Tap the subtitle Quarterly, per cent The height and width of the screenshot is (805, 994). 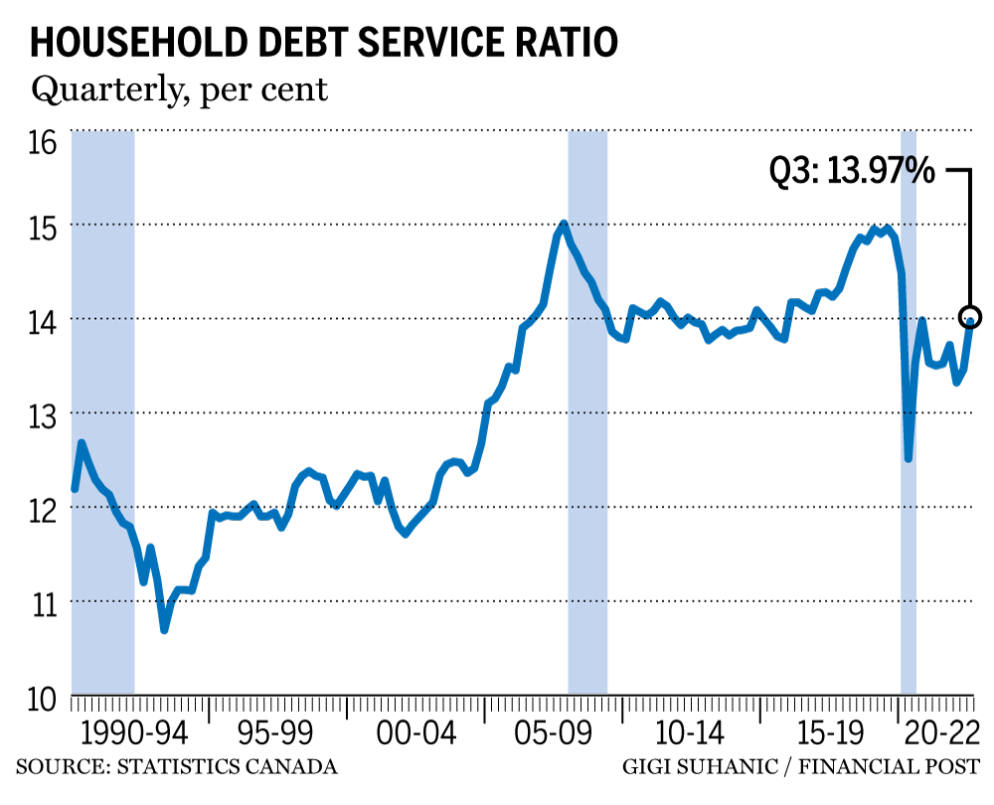click(x=179, y=89)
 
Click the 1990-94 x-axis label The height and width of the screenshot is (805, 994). click(x=135, y=735)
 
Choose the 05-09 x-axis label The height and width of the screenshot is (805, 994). click(x=549, y=735)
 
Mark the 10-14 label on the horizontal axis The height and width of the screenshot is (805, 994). click(x=689, y=735)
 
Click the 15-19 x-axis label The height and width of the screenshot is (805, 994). click(x=829, y=735)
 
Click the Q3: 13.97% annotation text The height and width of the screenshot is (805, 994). click(x=852, y=171)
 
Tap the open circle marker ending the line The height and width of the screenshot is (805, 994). click(x=971, y=318)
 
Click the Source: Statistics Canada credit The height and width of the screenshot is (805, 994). click(x=176, y=767)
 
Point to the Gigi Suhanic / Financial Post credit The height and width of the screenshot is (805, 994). click(x=801, y=767)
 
